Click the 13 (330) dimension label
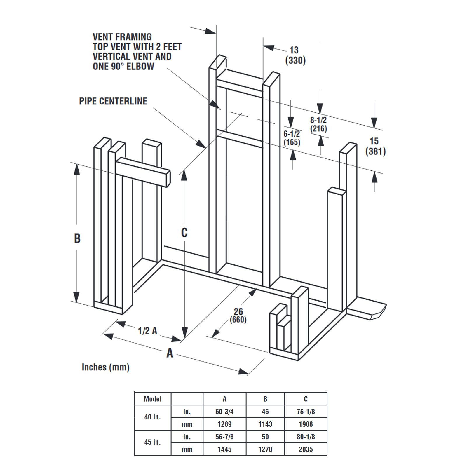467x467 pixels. pyautogui.click(x=295, y=55)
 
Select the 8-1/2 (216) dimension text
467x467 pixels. pyautogui.click(x=318, y=124)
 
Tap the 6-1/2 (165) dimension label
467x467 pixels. pyautogui.click(x=292, y=138)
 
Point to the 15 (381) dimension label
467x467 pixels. pyautogui.click(x=375, y=146)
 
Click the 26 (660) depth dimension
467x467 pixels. pyautogui.click(x=238, y=316)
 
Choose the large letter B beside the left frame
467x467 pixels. pyautogui.click(x=77, y=238)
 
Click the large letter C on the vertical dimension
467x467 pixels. pyautogui.click(x=184, y=233)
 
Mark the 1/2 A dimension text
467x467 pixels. pyautogui.click(x=147, y=331)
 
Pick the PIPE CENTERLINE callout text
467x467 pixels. pyautogui.click(x=113, y=101)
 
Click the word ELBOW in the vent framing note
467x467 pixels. pyautogui.click(x=140, y=67)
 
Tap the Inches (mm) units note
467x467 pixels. pyautogui.click(x=105, y=367)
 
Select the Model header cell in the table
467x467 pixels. pyautogui.click(x=152, y=399)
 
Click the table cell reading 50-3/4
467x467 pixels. pyautogui.click(x=224, y=412)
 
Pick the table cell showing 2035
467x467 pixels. pyautogui.click(x=305, y=449)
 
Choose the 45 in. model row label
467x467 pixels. pyautogui.click(x=152, y=442)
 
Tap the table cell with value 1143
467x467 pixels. pyautogui.click(x=265, y=424)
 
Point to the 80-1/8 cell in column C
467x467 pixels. pyautogui.click(x=305, y=437)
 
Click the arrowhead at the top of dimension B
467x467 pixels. pyautogui.click(x=76, y=169)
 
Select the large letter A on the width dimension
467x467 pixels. pyautogui.click(x=170, y=353)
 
